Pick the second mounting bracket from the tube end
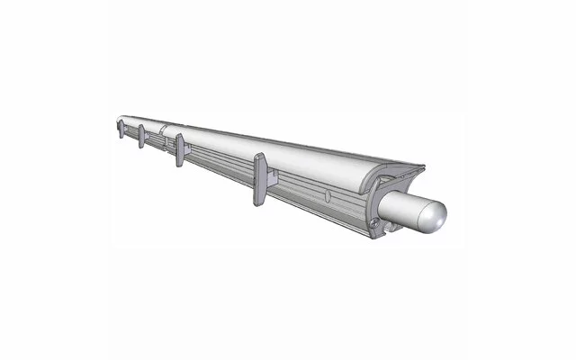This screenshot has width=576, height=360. [x=180, y=149]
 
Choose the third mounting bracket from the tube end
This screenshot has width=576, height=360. [x=141, y=136]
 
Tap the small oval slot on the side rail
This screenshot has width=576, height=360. [x=327, y=195]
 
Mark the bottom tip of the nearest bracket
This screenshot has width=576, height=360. [x=258, y=203]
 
